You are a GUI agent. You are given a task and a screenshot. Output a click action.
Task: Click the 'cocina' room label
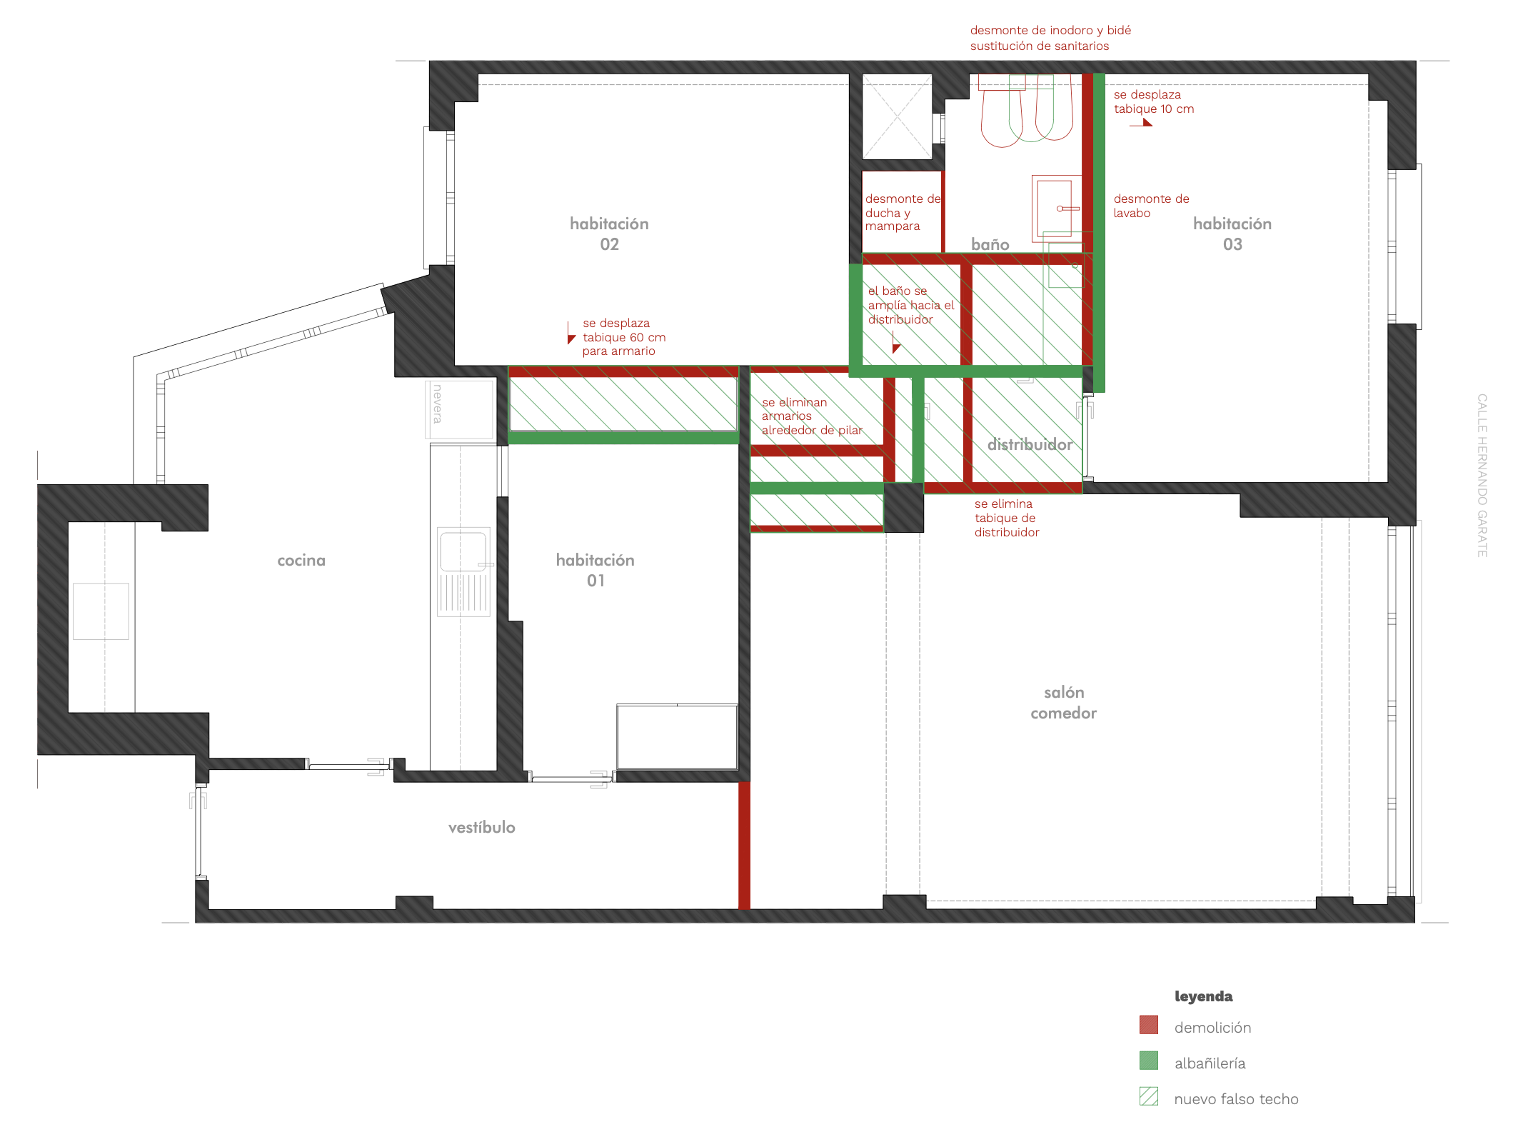coord(301,561)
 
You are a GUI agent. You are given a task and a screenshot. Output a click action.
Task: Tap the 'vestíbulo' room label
coord(482,827)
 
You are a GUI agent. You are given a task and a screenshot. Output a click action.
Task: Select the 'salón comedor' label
coord(1064,703)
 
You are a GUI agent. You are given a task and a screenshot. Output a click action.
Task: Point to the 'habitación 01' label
coord(595,570)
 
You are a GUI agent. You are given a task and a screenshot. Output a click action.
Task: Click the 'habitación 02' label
coord(609,234)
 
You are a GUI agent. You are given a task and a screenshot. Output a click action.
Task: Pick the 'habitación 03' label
coord(1232,234)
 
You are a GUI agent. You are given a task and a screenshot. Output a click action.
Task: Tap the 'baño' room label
coord(990,244)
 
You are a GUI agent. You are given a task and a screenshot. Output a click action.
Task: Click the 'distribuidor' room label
coord(1030,444)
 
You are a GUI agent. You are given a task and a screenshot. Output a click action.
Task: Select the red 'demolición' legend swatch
coord(1149,1025)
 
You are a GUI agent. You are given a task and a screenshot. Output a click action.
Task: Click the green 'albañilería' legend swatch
coord(1149,1061)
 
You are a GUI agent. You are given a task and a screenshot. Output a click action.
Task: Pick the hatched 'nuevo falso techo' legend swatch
coord(1149,1096)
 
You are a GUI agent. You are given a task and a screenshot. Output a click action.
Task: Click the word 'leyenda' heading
coord(1204,996)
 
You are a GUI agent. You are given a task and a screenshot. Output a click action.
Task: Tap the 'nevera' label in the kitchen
coord(438,404)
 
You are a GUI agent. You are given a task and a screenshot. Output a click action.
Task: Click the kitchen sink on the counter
coord(464,571)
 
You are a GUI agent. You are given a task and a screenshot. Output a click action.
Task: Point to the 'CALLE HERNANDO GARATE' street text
coord(1482,476)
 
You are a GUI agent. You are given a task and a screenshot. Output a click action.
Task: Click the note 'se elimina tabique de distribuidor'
coord(1007,518)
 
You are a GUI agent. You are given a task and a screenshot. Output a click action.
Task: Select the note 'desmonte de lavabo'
coord(1151,206)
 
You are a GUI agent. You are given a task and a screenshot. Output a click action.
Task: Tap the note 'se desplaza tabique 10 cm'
coord(1154,101)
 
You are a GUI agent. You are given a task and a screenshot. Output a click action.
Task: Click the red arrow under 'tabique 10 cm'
coord(1141,123)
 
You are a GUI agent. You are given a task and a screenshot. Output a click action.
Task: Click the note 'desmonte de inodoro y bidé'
coord(1050,30)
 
